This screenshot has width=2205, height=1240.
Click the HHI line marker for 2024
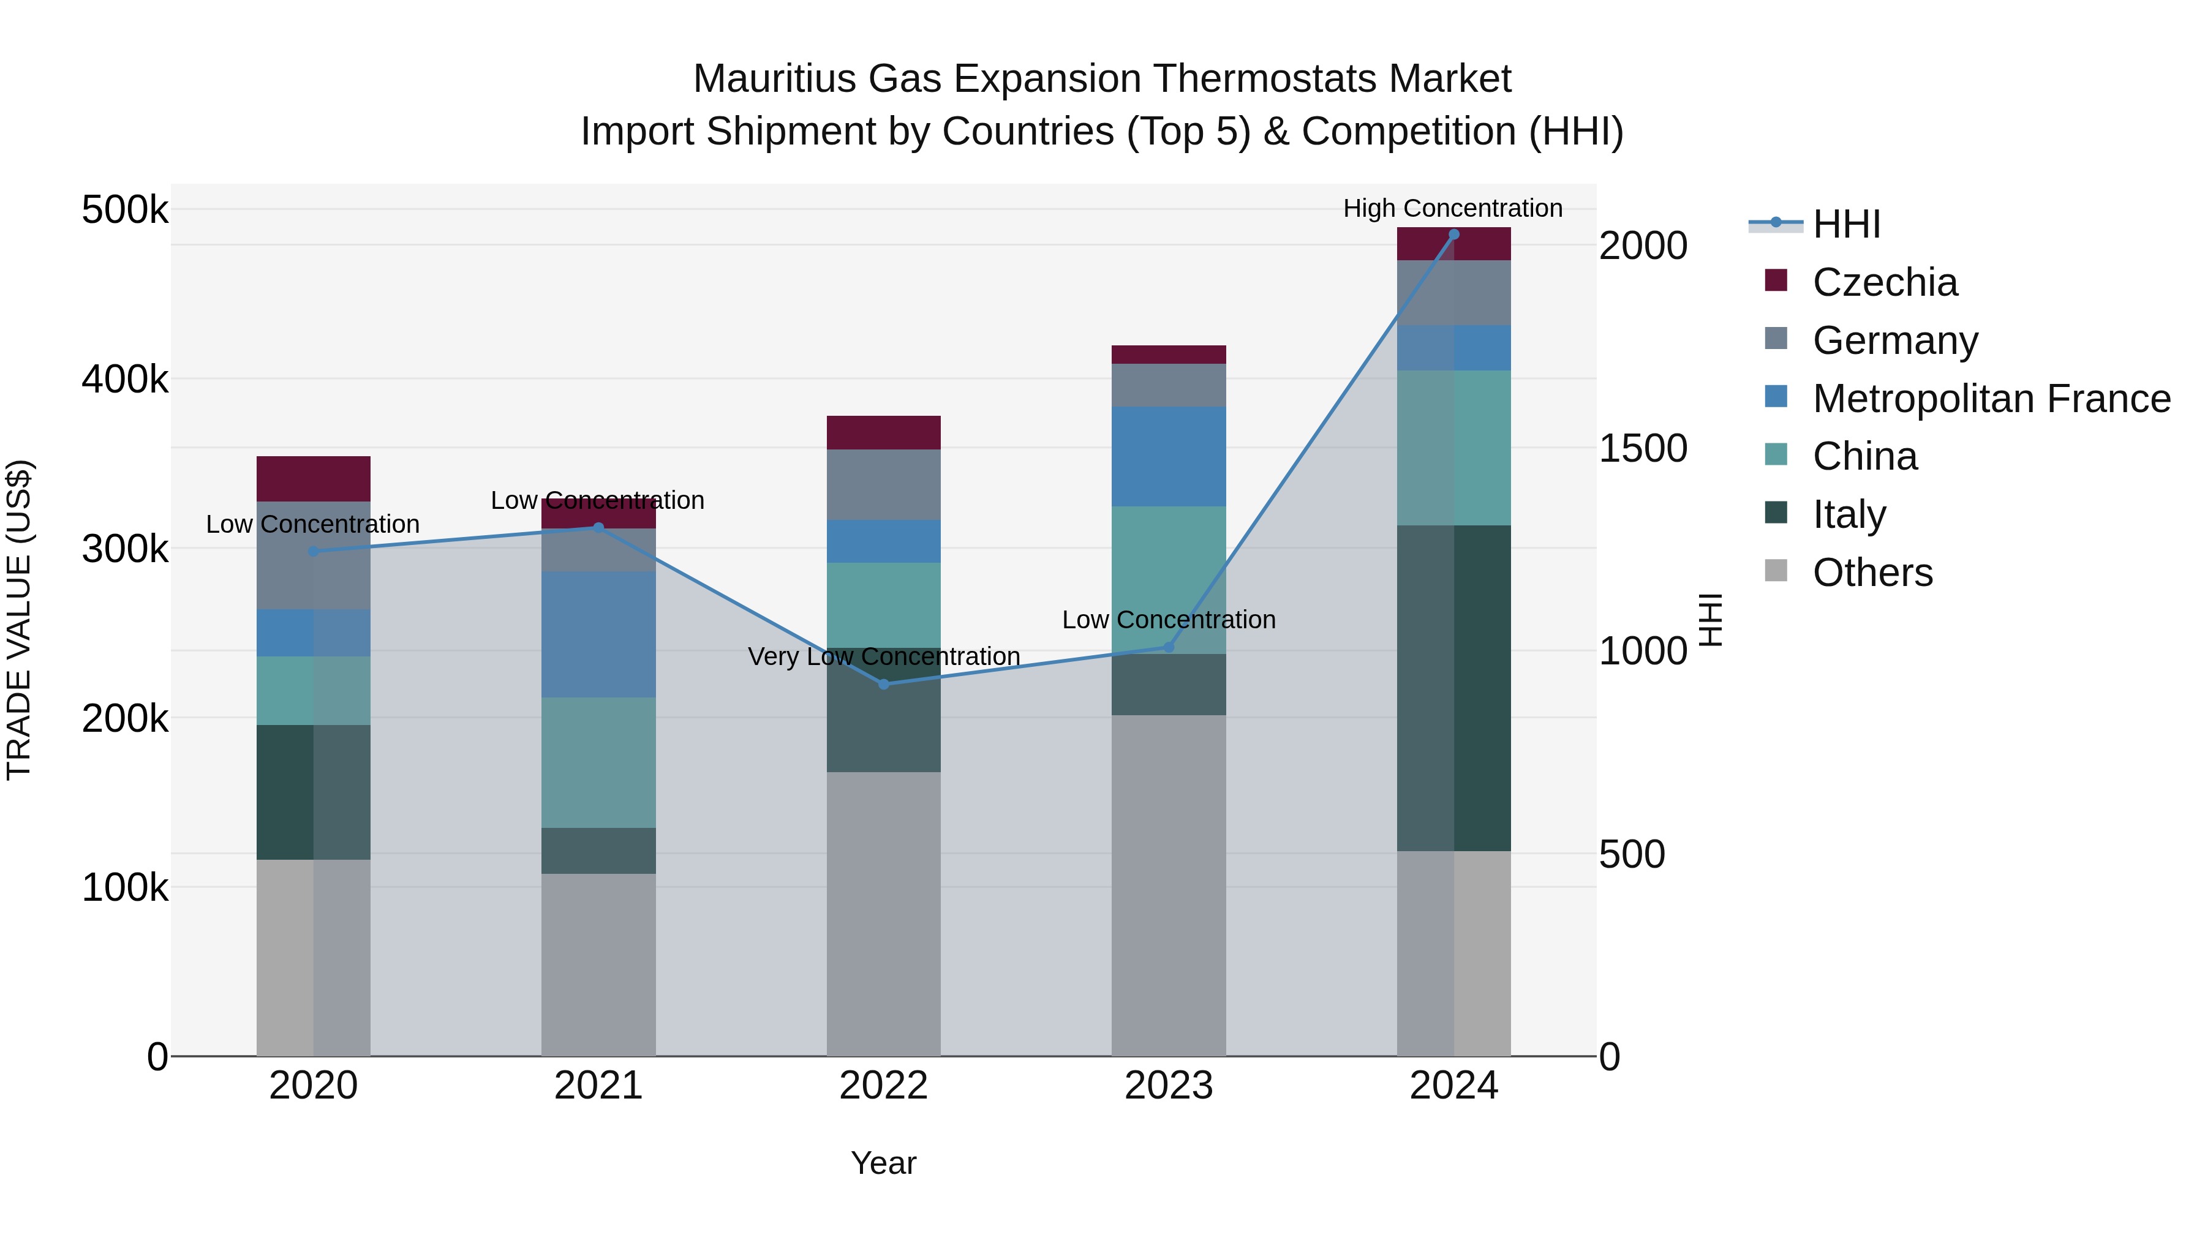(x=1453, y=235)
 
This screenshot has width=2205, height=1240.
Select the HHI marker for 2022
(x=883, y=685)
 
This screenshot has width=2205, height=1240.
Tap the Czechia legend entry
(x=1884, y=282)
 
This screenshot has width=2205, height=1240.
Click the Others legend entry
(x=1872, y=573)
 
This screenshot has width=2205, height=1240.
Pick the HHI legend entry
(x=1846, y=224)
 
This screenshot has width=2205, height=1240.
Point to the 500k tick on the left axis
(x=125, y=209)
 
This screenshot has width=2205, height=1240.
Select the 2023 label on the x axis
(x=1169, y=1086)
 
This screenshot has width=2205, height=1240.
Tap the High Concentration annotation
(x=1453, y=208)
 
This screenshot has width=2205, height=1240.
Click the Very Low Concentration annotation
(x=883, y=656)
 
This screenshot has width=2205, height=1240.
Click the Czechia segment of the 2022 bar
(x=883, y=433)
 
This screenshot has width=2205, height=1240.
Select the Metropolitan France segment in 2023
(x=1169, y=457)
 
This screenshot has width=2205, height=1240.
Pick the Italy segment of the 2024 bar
(x=1453, y=688)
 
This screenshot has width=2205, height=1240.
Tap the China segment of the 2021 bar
(x=598, y=762)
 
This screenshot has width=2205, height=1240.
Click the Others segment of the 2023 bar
(x=1169, y=885)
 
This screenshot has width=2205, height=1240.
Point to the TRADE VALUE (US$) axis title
(x=19, y=620)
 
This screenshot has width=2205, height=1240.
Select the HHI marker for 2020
(x=313, y=552)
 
